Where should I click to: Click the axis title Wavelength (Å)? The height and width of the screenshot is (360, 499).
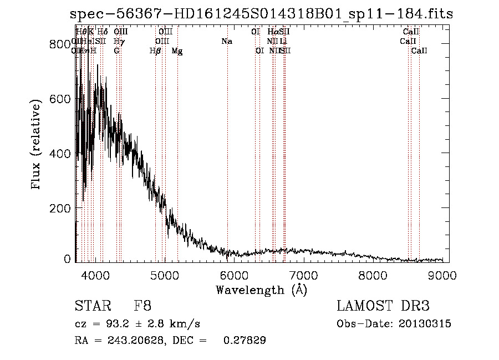click(261, 290)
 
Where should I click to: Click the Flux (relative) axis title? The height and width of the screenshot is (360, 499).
click(37, 145)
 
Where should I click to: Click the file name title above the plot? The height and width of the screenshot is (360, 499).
click(262, 14)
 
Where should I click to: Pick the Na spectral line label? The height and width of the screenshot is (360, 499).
click(226, 42)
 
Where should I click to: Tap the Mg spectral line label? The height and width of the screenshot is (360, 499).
click(177, 51)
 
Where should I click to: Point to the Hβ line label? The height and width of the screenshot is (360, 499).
click(155, 51)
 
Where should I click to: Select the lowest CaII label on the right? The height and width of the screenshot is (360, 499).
click(419, 51)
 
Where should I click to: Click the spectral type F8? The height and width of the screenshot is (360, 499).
click(142, 306)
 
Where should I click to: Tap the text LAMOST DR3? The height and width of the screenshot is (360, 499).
click(383, 306)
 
